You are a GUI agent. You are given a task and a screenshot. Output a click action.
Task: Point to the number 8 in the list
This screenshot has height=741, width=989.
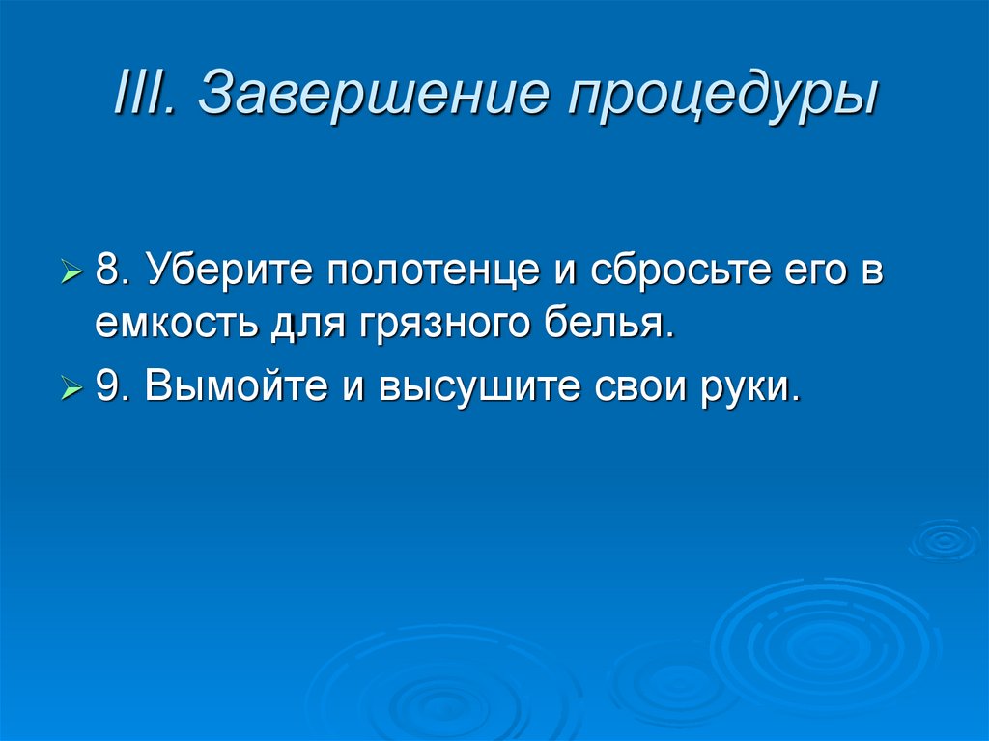coord(109,271)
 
